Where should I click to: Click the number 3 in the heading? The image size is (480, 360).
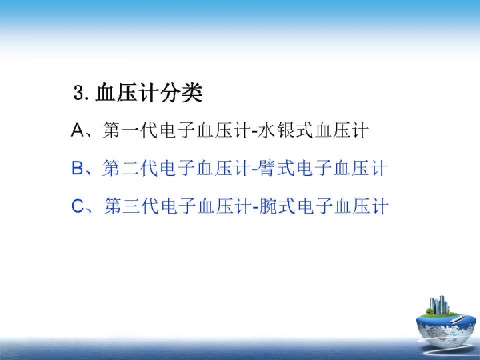[79, 93]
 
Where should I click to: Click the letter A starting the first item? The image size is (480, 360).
[78, 130]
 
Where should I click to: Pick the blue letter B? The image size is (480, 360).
[78, 168]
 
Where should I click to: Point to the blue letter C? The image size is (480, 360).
[78, 206]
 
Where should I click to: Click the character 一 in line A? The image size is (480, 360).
[130, 130]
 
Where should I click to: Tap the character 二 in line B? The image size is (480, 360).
[130, 168]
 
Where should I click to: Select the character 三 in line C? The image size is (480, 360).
[132, 206]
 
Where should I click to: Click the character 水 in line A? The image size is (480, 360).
[266, 130]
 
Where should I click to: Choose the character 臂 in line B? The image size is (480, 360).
[267, 168]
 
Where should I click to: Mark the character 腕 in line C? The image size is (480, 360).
[269, 206]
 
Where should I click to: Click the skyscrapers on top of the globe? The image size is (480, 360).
[439, 306]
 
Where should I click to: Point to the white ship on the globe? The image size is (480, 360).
[459, 319]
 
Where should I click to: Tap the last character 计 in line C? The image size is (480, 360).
[380, 206]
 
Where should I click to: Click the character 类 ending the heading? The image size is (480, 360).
[192, 93]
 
